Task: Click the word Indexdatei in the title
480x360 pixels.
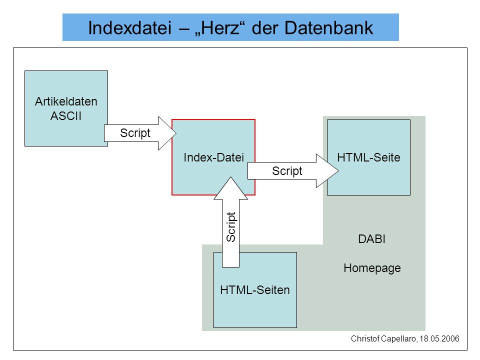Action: (x=130, y=28)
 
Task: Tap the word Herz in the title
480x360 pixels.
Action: (x=220, y=28)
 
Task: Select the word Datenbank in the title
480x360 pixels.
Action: (x=329, y=28)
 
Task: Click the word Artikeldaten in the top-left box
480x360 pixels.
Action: (x=66, y=101)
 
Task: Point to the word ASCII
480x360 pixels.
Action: (x=66, y=116)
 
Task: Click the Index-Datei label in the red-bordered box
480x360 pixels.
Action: (x=213, y=157)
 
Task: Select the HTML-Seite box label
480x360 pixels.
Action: (x=368, y=157)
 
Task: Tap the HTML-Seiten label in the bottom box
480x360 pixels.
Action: (x=255, y=290)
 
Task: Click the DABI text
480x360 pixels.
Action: (x=371, y=239)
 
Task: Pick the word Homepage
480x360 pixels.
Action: (x=372, y=268)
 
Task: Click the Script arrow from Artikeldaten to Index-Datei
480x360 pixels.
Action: (x=140, y=133)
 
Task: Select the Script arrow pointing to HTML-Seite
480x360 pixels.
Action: (x=293, y=171)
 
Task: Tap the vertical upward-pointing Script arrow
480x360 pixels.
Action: (x=231, y=222)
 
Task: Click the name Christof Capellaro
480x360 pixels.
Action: (x=383, y=338)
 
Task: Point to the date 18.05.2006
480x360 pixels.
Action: (x=439, y=338)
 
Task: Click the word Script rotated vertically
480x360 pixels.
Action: (x=231, y=227)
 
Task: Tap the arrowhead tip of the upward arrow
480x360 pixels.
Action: (x=231, y=177)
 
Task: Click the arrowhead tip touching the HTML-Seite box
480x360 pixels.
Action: (x=338, y=171)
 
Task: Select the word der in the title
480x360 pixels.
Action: (x=265, y=28)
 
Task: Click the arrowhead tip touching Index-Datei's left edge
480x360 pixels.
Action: (x=176, y=133)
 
